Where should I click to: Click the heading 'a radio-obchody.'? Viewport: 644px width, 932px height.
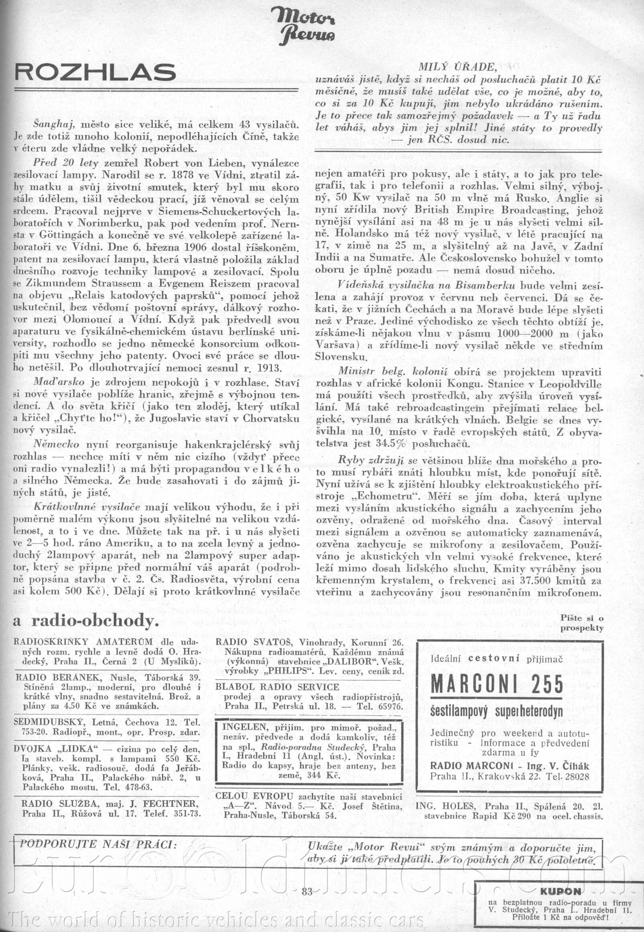pyautogui.click(x=86, y=621)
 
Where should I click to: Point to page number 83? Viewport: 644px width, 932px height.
pyautogui.click(x=307, y=888)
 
